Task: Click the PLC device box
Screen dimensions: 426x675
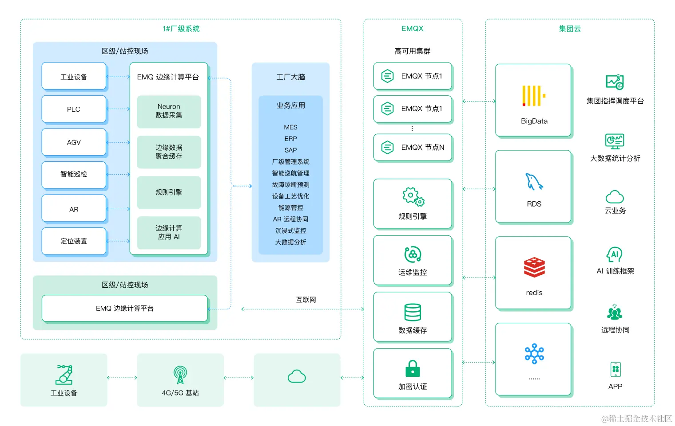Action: click(x=74, y=109)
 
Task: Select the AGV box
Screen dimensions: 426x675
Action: click(x=74, y=142)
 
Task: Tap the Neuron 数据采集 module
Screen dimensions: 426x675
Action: click(x=169, y=111)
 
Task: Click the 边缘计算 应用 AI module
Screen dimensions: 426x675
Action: click(x=169, y=232)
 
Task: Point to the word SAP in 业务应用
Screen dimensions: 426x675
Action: click(x=290, y=150)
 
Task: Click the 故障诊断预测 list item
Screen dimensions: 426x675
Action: click(x=290, y=185)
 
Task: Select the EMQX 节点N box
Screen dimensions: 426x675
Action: click(x=413, y=147)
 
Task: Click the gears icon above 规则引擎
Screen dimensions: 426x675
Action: click(x=413, y=197)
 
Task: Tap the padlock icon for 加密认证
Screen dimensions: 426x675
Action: click(x=413, y=368)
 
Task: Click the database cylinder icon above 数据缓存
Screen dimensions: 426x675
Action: click(x=413, y=312)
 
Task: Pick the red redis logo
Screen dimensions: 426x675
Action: click(x=534, y=267)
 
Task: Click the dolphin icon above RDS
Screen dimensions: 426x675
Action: click(x=534, y=182)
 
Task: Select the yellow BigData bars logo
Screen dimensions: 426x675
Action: click(x=533, y=96)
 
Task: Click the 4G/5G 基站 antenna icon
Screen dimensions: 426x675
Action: click(x=180, y=375)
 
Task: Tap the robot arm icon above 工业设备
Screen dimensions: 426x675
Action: click(x=64, y=375)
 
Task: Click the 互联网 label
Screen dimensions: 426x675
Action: click(x=306, y=300)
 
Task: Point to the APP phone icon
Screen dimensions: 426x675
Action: click(x=615, y=369)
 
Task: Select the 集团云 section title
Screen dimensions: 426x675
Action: click(x=570, y=29)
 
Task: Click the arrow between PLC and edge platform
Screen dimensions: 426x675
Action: click(x=118, y=109)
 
